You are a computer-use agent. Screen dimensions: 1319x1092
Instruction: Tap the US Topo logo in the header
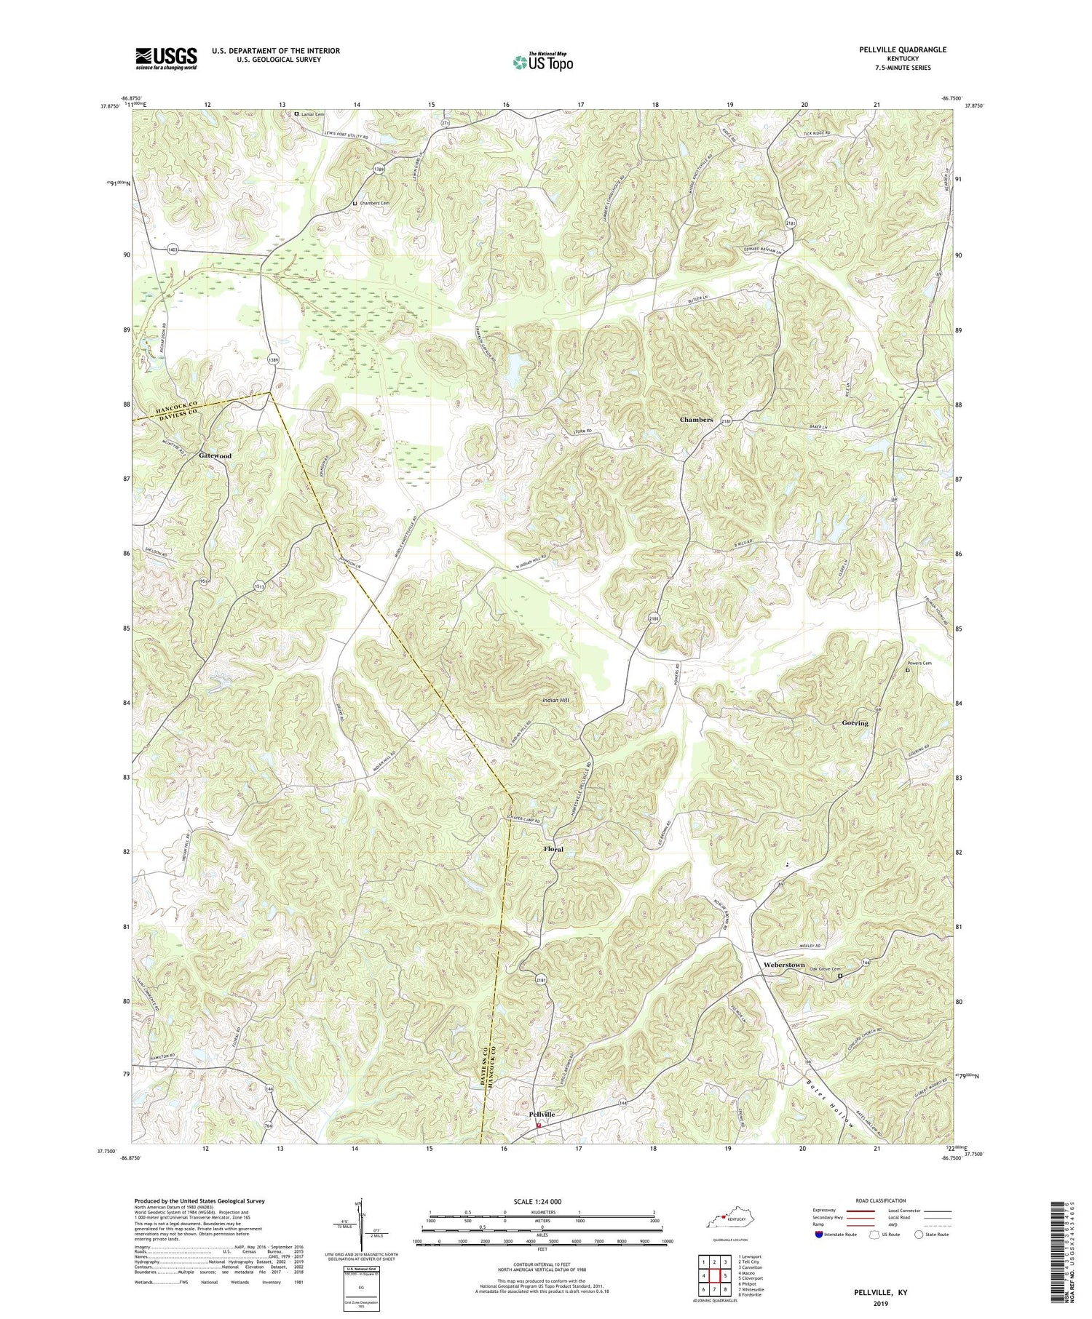coord(542,62)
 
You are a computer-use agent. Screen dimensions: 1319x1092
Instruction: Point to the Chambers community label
coord(696,420)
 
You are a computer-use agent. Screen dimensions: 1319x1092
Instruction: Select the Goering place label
coord(855,723)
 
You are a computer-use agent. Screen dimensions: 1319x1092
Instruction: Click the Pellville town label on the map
coord(539,1114)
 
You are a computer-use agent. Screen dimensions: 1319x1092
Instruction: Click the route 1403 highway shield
coord(172,248)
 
